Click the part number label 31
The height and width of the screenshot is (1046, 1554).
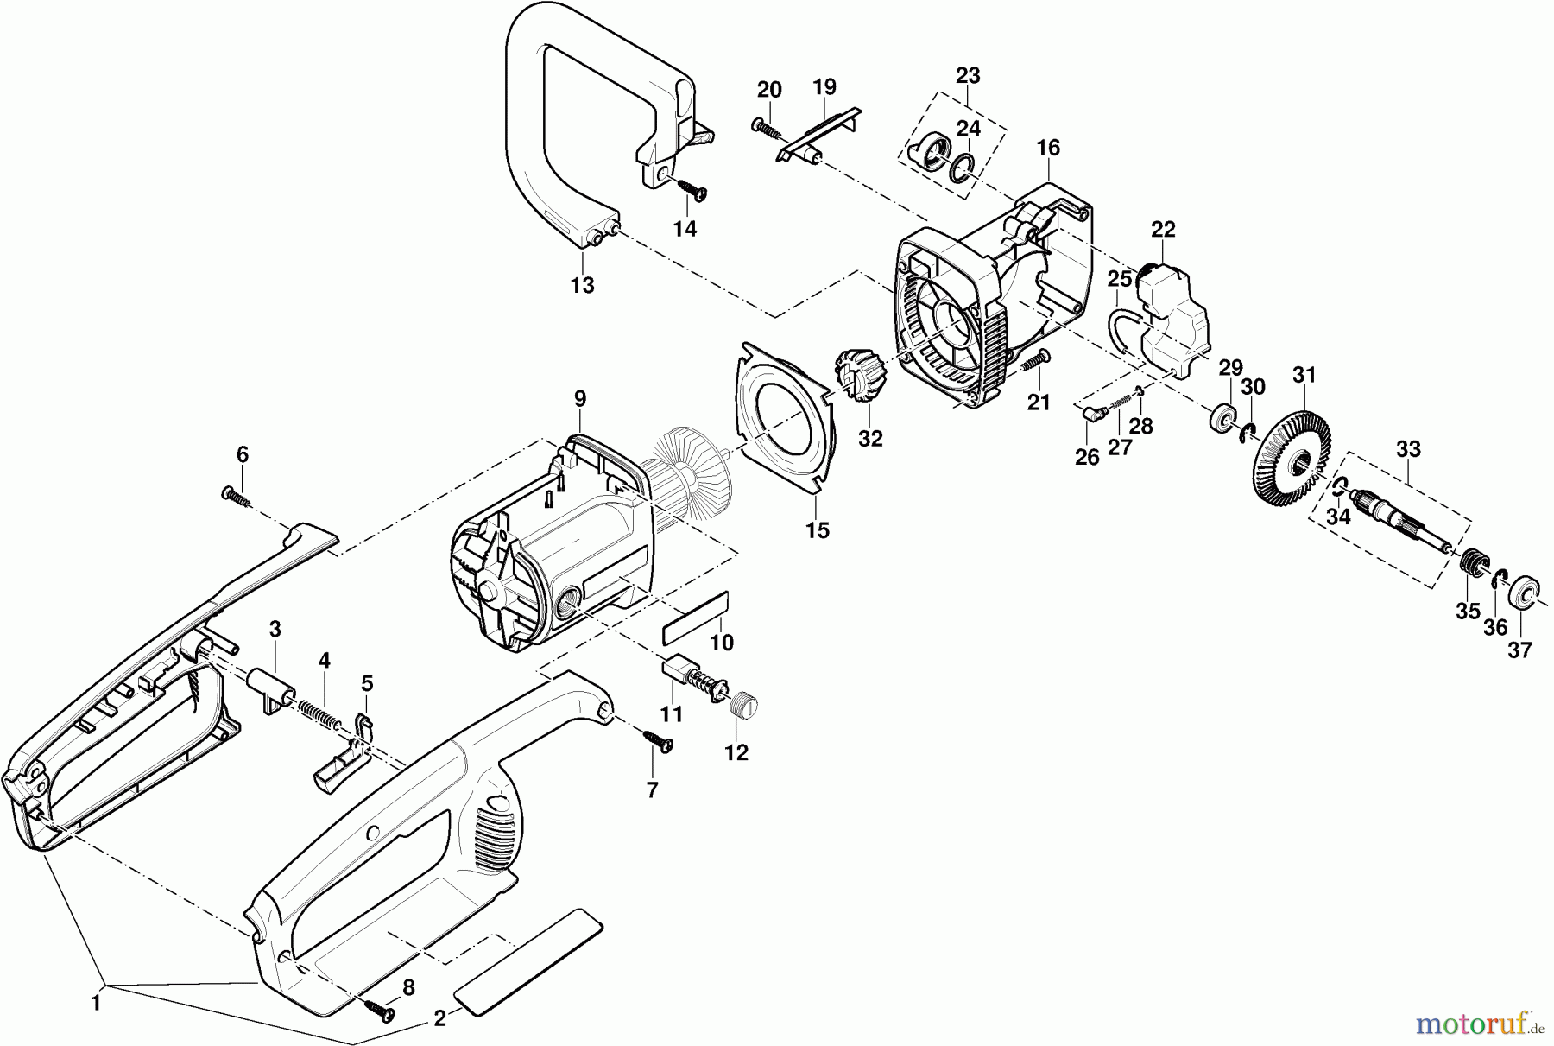coord(1304,377)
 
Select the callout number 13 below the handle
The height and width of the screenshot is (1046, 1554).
coord(583,285)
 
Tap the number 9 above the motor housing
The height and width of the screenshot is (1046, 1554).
coord(580,398)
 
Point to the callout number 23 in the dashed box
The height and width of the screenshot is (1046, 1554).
coord(968,75)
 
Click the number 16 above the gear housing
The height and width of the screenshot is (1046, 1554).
coord(1048,148)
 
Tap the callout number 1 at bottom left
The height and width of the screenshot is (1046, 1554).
coord(96,1004)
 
